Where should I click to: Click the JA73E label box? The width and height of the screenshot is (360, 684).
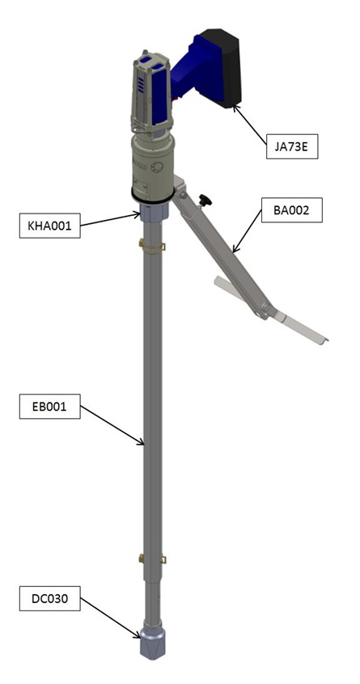pyautogui.click(x=292, y=146)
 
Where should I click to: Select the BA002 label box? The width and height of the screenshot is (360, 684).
pyautogui.click(x=292, y=210)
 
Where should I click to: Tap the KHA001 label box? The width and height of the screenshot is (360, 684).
pyautogui.click(x=50, y=226)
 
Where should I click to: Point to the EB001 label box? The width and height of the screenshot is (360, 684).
pyautogui.click(x=50, y=407)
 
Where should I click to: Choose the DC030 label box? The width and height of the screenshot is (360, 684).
pyautogui.click(x=50, y=598)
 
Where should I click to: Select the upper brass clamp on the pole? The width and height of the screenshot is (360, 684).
pyautogui.click(x=152, y=246)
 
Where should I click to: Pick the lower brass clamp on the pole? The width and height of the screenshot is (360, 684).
pyautogui.click(x=152, y=558)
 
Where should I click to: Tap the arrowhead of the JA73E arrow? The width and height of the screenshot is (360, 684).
pyautogui.click(x=235, y=106)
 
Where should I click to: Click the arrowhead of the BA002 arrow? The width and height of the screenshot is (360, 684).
pyautogui.click(x=234, y=251)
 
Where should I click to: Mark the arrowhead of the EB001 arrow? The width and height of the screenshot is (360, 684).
pyautogui.click(x=143, y=444)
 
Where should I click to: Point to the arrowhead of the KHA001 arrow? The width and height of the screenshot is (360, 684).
pyautogui.click(x=139, y=213)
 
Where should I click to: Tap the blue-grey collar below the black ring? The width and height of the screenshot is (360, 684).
pyautogui.click(x=152, y=212)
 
